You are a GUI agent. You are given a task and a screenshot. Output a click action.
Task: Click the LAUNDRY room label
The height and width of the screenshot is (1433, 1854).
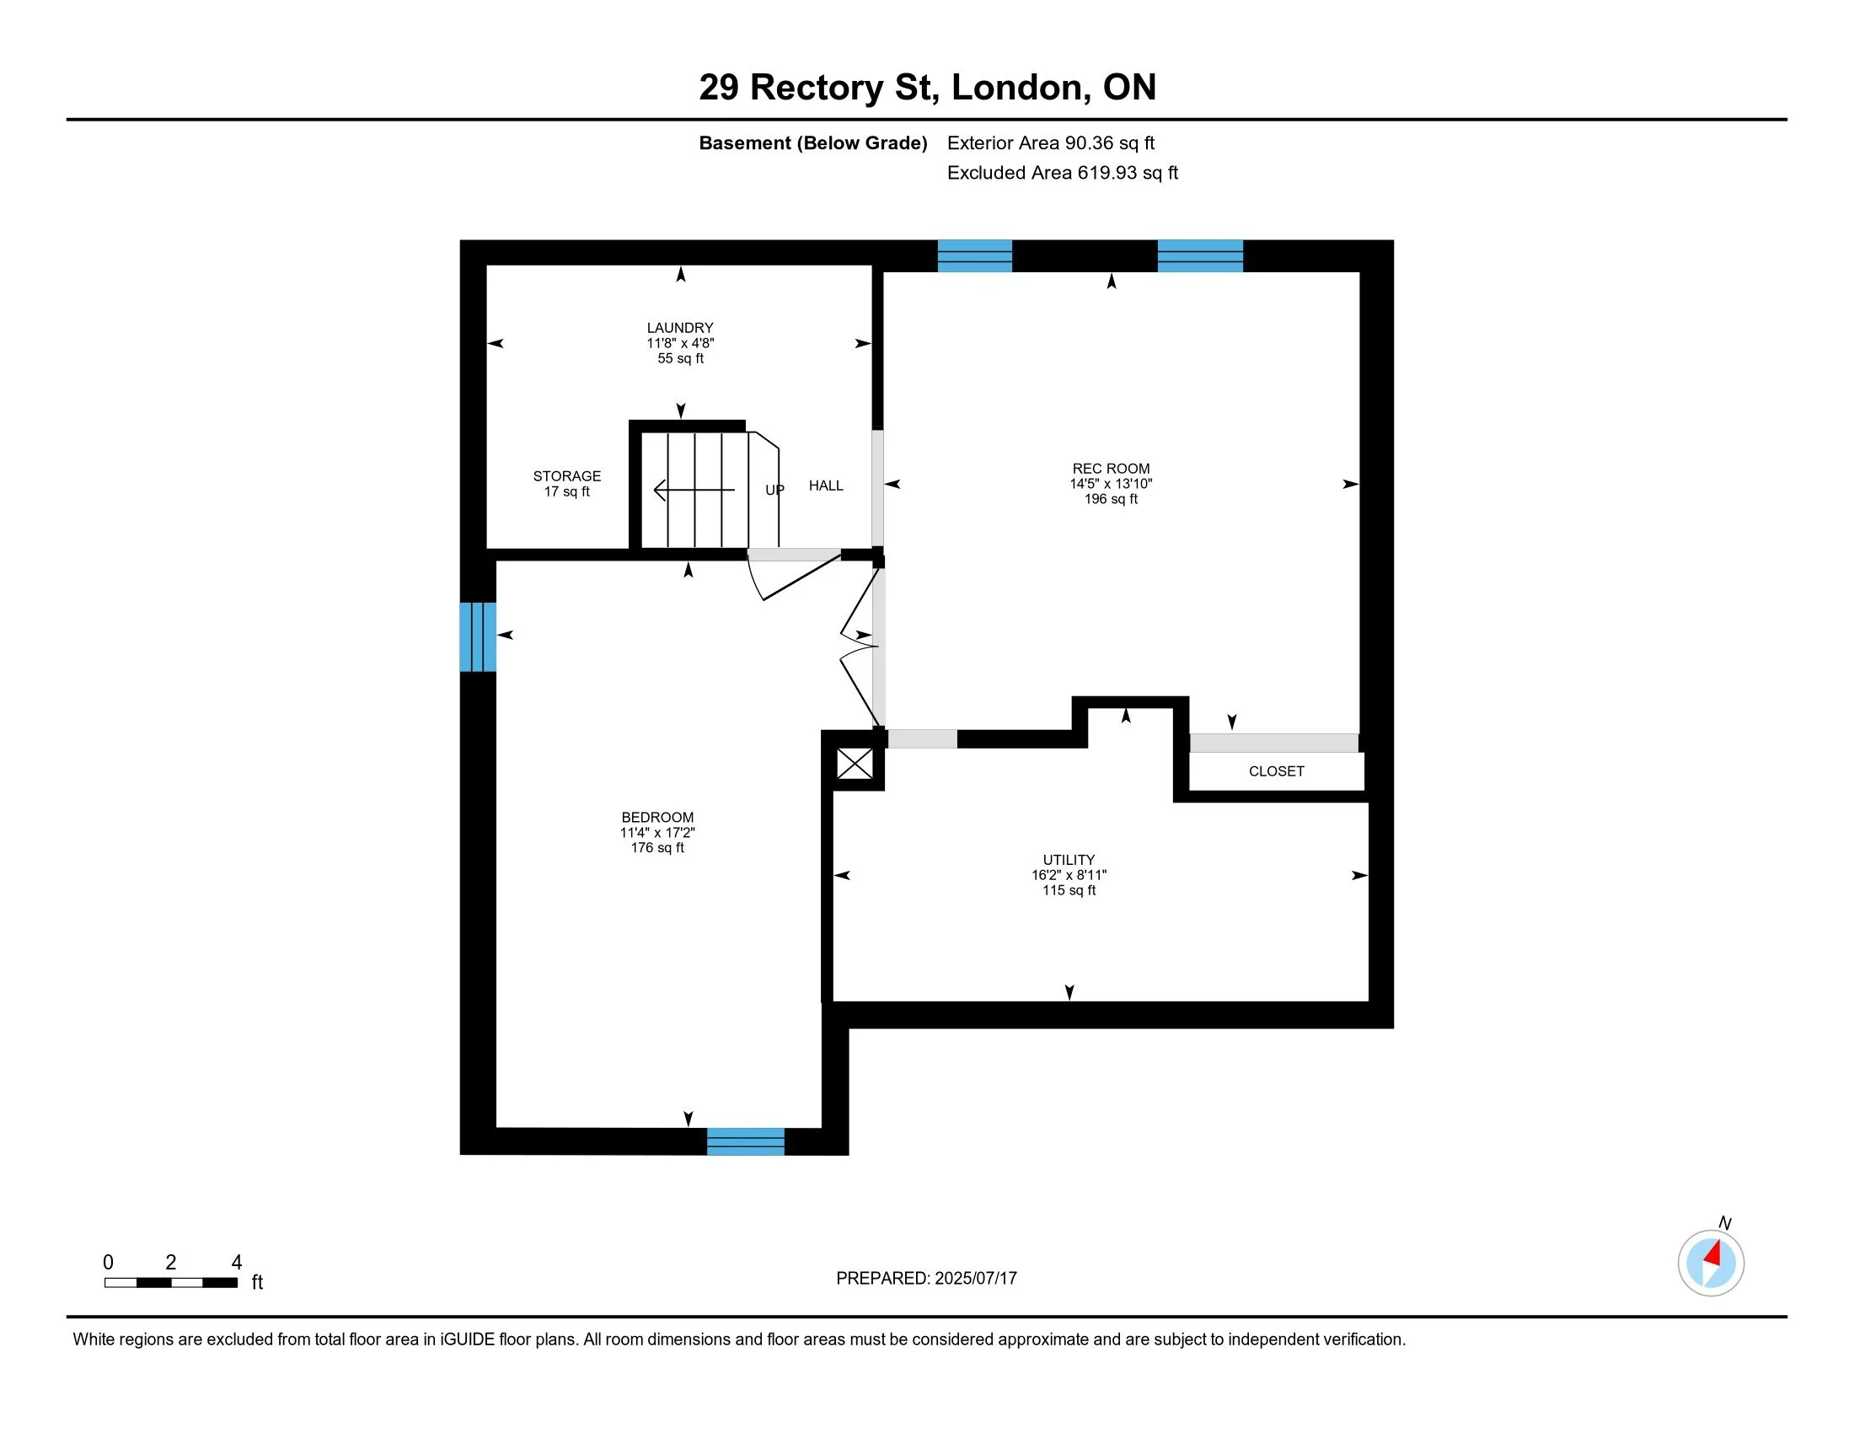pyautogui.click(x=680, y=328)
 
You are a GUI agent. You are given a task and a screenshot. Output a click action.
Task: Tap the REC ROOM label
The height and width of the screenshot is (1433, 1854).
pyautogui.click(x=1111, y=469)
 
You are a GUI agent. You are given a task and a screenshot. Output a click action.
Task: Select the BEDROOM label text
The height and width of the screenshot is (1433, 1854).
pyautogui.click(x=657, y=818)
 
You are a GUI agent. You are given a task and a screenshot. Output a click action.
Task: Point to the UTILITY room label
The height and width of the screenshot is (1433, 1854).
pyautogui.click(x=1069, y=860)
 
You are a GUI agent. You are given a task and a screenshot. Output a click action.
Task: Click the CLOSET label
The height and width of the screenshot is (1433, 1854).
pyautogui.click(x=1276, y=770)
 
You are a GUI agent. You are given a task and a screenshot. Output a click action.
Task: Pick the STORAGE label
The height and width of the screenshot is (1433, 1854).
pyautogui.click(x=567, y=476)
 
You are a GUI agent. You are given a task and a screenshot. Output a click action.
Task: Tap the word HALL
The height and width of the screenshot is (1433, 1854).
pyautogui.click(x=826, y=486)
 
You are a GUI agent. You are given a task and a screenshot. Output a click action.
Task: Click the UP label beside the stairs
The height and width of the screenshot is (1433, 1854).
pyautogui.click(x=774, y=490)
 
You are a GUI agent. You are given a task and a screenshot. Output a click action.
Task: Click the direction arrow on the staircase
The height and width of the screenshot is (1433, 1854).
pyautogui.click(x=694, y=490)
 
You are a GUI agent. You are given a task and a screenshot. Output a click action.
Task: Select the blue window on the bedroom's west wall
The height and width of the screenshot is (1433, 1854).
pyautogui.click(x=478, y=636)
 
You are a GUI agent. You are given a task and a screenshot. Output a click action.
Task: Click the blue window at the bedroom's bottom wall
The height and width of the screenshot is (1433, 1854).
pyautogui.click(x=745, y=1142)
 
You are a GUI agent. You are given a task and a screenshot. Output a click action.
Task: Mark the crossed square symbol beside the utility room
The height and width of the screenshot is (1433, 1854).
pyautogui.click(x=855, y=763)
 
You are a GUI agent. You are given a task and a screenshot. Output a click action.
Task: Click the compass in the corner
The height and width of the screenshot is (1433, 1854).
pyautogui.click(x=1711, y=1264)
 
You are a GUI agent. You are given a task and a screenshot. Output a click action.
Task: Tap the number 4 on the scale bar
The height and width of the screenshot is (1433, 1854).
pyautogui.click(x=237, y=1263)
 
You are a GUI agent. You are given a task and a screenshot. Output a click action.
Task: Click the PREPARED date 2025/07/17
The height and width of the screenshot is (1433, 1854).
pyautogui.click(x=975, y=1279)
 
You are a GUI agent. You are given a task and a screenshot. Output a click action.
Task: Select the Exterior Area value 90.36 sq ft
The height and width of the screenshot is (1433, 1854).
pyautogui.click(x=1110, y=143)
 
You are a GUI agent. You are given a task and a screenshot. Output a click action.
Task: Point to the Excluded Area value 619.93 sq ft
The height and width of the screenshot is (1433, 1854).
pyautogui.click(x=1128, y=173)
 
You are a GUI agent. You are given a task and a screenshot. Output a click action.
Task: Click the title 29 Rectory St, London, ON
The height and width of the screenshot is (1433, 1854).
pyautogui.click(x=927, y=88)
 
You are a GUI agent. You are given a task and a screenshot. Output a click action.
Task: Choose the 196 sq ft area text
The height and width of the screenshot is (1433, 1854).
pyautogui.click(x=1111, y=499)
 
